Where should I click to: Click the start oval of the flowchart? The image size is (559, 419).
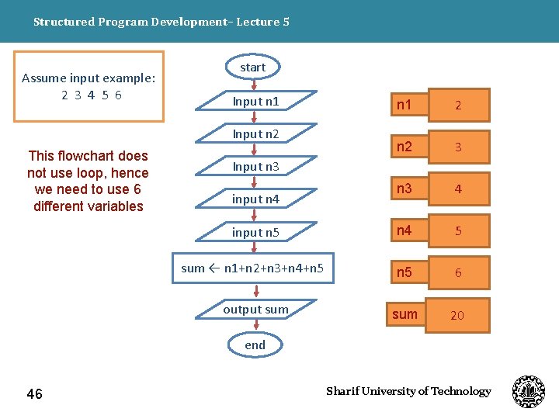pyautogui.click(x=253, y=68)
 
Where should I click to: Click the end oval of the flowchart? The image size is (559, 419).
pyautogui.click(x=255, y=345)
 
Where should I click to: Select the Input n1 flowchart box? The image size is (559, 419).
pyautogui.click(x=255, y=101)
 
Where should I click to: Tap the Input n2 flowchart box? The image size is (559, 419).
pyautogui.click(x=255, y=133)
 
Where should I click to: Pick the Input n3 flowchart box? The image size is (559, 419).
pyautogui.click(x=255, y=166)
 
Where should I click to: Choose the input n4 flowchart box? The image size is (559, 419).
pyautogui.click(x=255, y=199)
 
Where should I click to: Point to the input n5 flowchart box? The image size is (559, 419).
pyautogui.click(x=255, y=232)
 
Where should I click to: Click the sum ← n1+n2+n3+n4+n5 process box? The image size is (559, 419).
pyautogui.click(x=252, y=268)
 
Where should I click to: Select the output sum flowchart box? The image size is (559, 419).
pyautogui.click(x=255, y=309)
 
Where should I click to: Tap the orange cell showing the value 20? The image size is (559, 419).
pyautogui.click(x=457, y=315)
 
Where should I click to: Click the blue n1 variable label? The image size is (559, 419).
pyautogui.click(x=404, y=104)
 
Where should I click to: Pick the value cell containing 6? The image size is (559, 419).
pyautogui.click(x=458, y=273)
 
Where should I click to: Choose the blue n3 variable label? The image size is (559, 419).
pyautogui.click(x=404, y=189)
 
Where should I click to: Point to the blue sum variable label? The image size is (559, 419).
pyautogui.click(x=404, y=314)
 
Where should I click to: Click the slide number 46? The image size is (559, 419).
pyautogui.click(x=35, y=394)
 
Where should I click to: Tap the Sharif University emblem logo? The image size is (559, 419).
pyautogui.click(x=529, y=392)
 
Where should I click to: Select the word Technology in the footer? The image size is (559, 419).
pyautogui.click(x=461, y=391)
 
